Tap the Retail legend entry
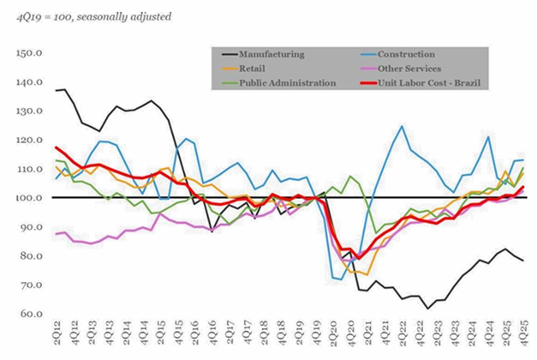point(254,69)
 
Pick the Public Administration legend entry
point(287,83)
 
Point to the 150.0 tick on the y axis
point(29,53)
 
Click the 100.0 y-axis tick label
point(29,198)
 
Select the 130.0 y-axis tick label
point(29,111)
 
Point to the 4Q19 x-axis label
point(317,336)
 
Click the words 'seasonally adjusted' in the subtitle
point(120,15)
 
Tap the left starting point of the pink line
point(56,234)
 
